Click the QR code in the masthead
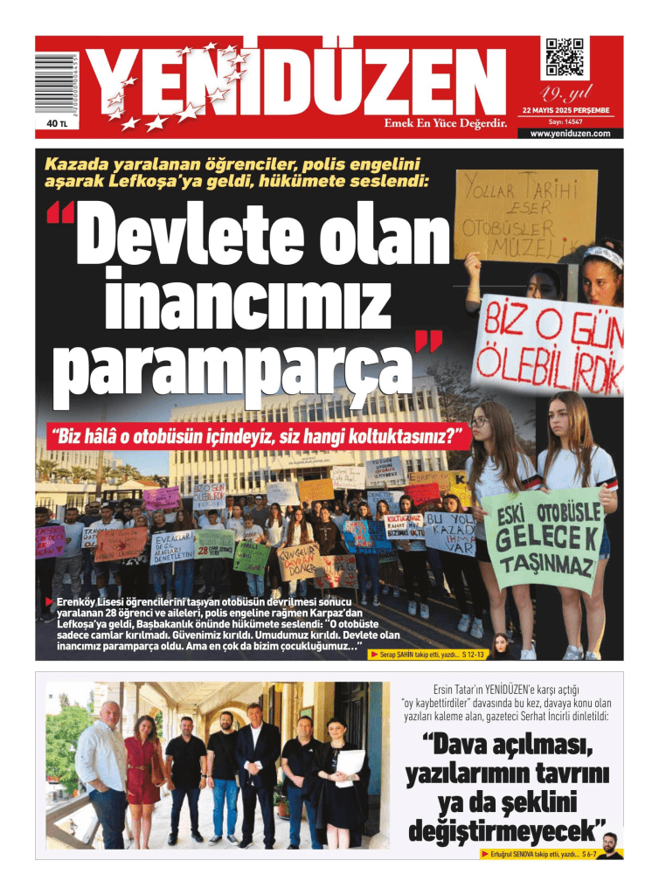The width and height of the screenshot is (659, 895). click(x=565, y=58)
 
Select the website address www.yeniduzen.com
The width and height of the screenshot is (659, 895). click(x=570, y=134)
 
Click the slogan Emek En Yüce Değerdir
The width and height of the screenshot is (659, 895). click(x=446, y=123)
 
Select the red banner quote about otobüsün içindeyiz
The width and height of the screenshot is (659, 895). click(x=257, y=434)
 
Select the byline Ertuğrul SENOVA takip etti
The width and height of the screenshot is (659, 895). click(x=536, y=853)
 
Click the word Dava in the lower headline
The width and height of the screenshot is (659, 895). click(x=461, y=747)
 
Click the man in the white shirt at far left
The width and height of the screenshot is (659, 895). click(x=101, y=774)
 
